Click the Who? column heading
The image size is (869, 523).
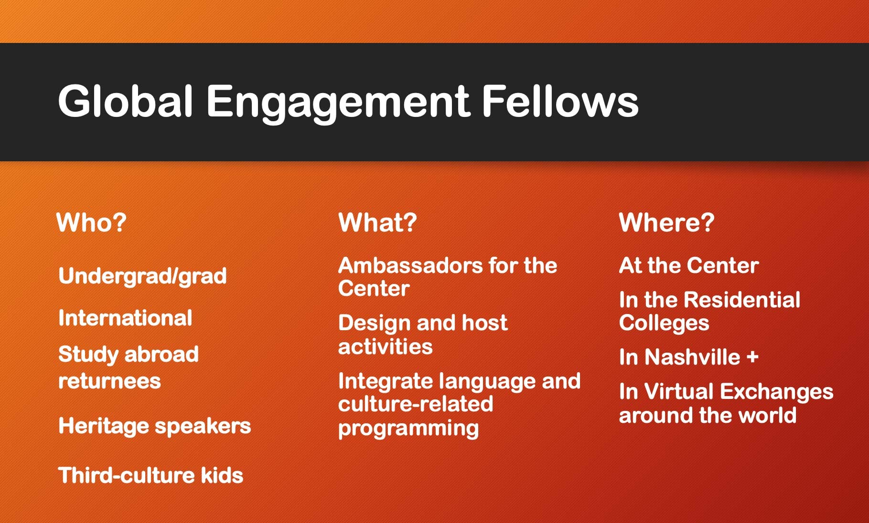(x=91, y=222)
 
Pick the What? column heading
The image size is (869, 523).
(x=377, y=222)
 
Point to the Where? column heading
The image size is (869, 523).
(x=666, y=222)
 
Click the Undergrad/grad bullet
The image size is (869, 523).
(x=142, y=276)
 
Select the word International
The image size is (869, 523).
(x=125, y=318)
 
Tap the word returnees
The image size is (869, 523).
(x=109, y=381)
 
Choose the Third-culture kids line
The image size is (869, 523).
(x=150, y=475)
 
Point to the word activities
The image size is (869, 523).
(x=385, y=347)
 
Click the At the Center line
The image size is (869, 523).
(x=689, y=265)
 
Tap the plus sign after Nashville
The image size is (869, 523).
(x=752, y=357)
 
